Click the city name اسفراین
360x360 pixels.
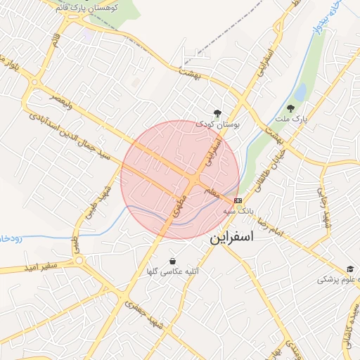(x=240, y=238)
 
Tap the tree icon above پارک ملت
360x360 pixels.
(x=291, y=109)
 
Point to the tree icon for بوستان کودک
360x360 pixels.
(x=217, y=112)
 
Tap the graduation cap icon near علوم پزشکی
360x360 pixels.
(x=349, y=269)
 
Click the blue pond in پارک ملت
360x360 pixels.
(x=300, y=92)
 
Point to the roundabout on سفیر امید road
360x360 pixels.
(x=78, y=262)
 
